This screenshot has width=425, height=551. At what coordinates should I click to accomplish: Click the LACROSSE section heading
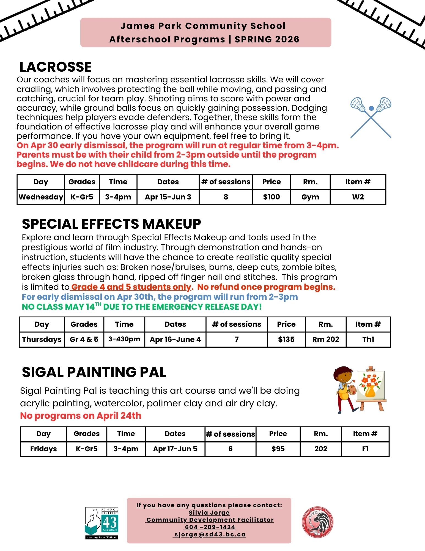point(56,67)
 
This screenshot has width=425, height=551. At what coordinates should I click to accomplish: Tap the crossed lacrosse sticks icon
point(371,117)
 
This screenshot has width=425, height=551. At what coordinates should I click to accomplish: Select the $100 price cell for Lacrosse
point(271,197)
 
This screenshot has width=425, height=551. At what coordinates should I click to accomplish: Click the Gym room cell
point(310,197)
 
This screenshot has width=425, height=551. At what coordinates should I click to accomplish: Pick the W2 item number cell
point(358,197)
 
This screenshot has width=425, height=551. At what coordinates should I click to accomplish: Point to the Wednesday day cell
point(41,197)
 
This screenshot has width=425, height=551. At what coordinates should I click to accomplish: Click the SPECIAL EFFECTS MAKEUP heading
point(111,224)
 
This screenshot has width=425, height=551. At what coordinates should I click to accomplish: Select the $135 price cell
point(286,339)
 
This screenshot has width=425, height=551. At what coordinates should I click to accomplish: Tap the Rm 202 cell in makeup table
point(325,339)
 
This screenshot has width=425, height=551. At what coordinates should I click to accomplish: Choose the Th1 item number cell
point(368,339)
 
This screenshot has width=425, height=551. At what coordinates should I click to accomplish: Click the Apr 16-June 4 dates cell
point(175,339)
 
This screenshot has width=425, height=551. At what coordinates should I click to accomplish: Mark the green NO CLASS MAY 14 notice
point(142,307)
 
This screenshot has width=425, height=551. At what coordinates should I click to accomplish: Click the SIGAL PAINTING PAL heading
point(94,372)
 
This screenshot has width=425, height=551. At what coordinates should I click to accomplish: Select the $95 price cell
point(278,449)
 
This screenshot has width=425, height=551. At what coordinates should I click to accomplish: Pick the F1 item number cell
point(365,449)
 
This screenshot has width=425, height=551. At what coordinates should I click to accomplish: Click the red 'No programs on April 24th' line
point(81,416)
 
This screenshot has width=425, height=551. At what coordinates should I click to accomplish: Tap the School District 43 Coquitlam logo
point(102,523)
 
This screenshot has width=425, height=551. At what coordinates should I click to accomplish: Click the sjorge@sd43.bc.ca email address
point(210,534)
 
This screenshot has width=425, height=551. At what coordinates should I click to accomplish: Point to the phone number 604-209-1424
point(210,527)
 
